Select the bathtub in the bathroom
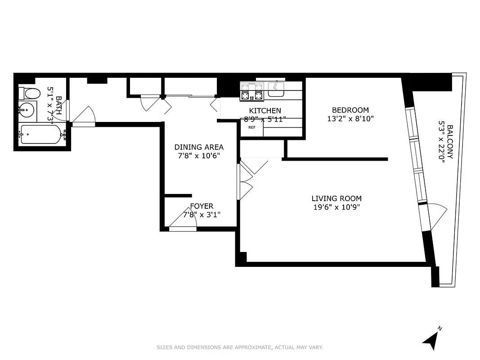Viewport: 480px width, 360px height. coord(40,134)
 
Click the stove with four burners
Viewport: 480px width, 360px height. coord(252,91)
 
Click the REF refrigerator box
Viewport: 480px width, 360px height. coord(252,128)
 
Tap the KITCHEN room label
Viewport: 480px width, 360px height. coord(265,111)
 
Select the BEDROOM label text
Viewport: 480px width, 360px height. coord(350,110)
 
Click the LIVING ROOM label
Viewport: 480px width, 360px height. coord(336,198)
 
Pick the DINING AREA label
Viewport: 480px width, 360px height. coord(199,147)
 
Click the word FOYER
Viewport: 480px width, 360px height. coord(201,207)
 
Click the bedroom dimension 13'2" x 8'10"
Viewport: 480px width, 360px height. coord(350,119)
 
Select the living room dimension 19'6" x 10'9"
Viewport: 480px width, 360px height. coord(336,207)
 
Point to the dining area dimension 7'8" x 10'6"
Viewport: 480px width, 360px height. coord(199,156)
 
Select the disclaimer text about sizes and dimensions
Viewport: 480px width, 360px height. coord(240,347)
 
